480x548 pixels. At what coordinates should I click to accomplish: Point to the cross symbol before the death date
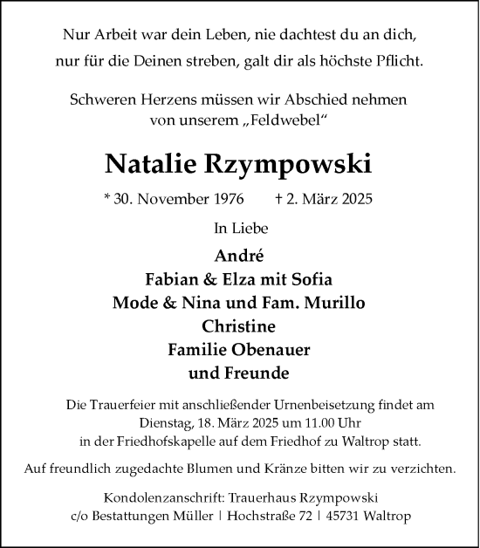pos(277,199)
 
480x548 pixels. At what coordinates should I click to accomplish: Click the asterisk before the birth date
pos(106,198)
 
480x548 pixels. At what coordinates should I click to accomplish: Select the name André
pos(239,257)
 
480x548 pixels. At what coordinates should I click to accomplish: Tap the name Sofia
pos(313,281)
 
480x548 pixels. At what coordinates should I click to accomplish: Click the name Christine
pos(239,327)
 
